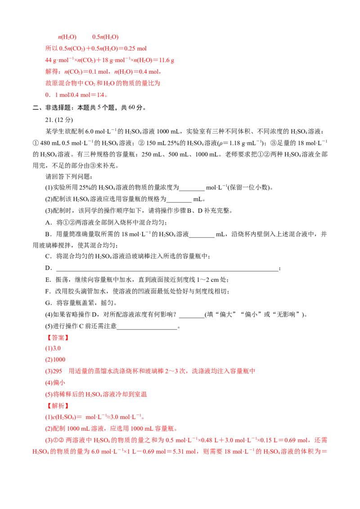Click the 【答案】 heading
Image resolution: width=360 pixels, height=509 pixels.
(x=58, y=338)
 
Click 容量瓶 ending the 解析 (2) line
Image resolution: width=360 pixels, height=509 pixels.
(x=167, y=429)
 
